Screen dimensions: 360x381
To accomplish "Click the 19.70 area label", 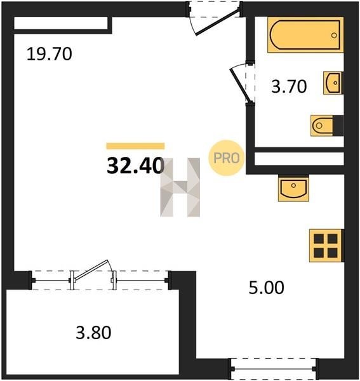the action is [x=50, y=54].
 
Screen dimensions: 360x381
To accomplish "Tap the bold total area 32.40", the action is [x=135, y=166].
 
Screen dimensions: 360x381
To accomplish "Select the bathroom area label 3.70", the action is [x=289, y=86].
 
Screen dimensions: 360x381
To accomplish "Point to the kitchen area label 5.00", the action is [x=267, y=288].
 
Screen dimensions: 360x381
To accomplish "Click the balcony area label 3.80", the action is [x=93, y=333].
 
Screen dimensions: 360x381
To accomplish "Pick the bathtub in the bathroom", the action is [x=305, y=35].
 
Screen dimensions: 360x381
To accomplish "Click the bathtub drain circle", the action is [x=334, y=35].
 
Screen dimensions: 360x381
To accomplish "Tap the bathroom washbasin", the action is [x=333, y=83].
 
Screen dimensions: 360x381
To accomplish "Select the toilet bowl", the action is [x=322, y=126].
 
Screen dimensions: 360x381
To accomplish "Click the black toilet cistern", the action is [x=338, y=126].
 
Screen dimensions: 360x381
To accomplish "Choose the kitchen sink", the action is [x=293, y=189].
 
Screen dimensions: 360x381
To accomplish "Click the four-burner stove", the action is [x=326, y=246].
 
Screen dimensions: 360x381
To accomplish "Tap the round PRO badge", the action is [x=226, y=158].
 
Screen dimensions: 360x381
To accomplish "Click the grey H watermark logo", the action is [x=180, y=187].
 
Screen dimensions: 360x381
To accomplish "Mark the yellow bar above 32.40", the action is [x=135, y=146].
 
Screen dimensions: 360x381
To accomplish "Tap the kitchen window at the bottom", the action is [x=274, y=369].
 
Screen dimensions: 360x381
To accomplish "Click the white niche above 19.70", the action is [x=61, y=23].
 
